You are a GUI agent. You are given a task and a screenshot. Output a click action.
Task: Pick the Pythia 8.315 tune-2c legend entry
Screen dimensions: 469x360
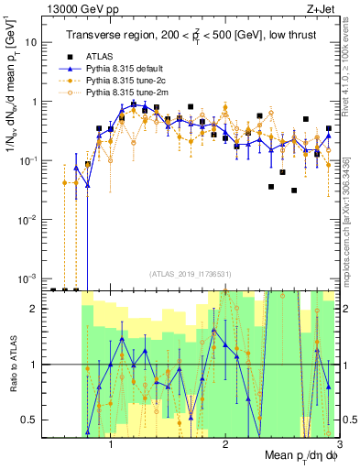(125, 81)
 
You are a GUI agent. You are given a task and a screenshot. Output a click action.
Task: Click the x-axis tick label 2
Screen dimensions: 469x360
(225, 444)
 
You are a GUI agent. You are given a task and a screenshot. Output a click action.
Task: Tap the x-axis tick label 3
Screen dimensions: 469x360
(338, 444)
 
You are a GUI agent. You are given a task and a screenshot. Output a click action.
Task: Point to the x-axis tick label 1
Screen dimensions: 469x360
(111, 444)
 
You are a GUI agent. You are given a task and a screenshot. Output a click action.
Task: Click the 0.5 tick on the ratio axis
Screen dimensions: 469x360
(32, 420)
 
